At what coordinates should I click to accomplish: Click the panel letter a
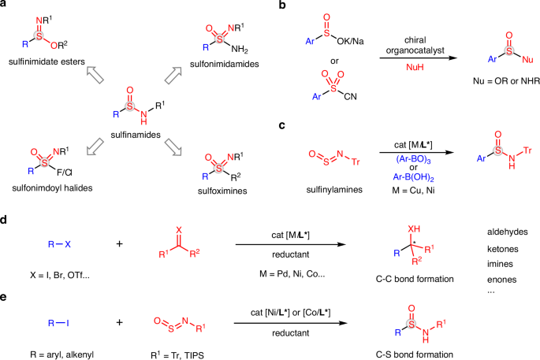5,6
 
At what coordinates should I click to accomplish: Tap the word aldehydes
507,232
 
